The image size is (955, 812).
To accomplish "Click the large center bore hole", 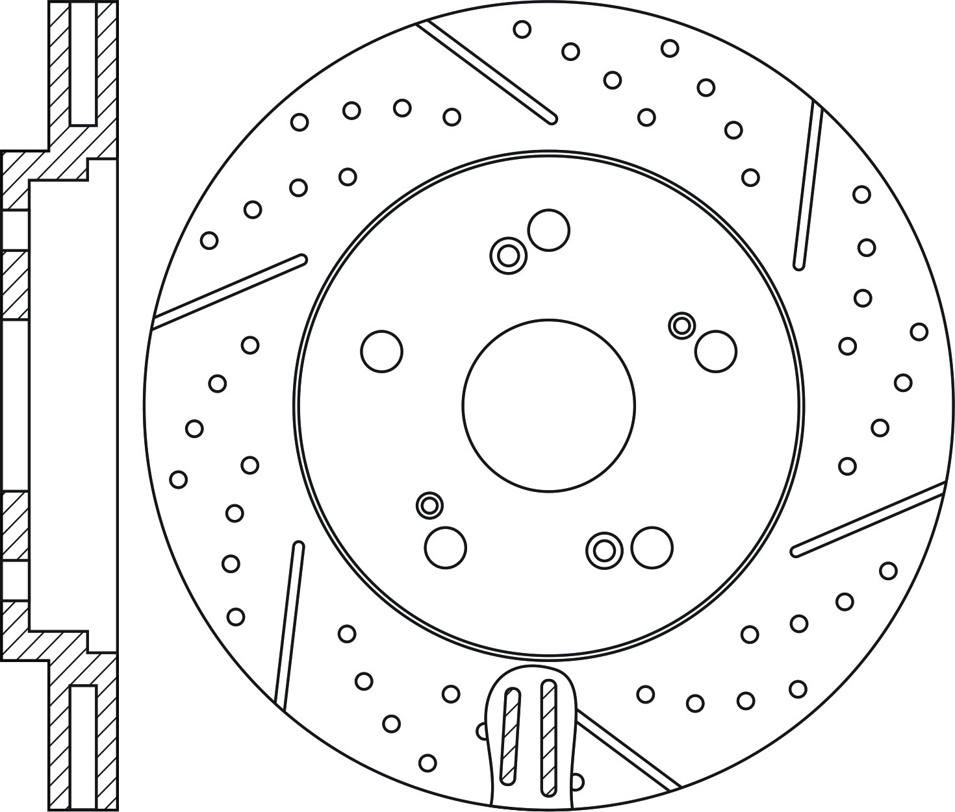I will (x=549, y=405).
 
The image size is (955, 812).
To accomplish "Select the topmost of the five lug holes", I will (x=549, y=230).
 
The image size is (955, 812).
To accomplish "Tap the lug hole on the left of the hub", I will (x=381, y=351).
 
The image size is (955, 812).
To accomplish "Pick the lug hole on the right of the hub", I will (x=715, y=351).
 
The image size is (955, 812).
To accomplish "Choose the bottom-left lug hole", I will (x=446, y=547).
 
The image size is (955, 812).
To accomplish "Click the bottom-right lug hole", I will (x=652, y=547).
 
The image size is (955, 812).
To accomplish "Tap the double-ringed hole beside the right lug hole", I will (x=681, y=325).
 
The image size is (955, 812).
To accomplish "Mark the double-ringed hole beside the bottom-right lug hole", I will (x=604, y=550).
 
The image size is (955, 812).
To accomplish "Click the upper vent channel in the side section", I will (x=83, y=63).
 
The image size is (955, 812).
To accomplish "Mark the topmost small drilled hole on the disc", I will (x=522, y=29).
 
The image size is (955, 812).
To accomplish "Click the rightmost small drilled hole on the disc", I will (x=919, y=332).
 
